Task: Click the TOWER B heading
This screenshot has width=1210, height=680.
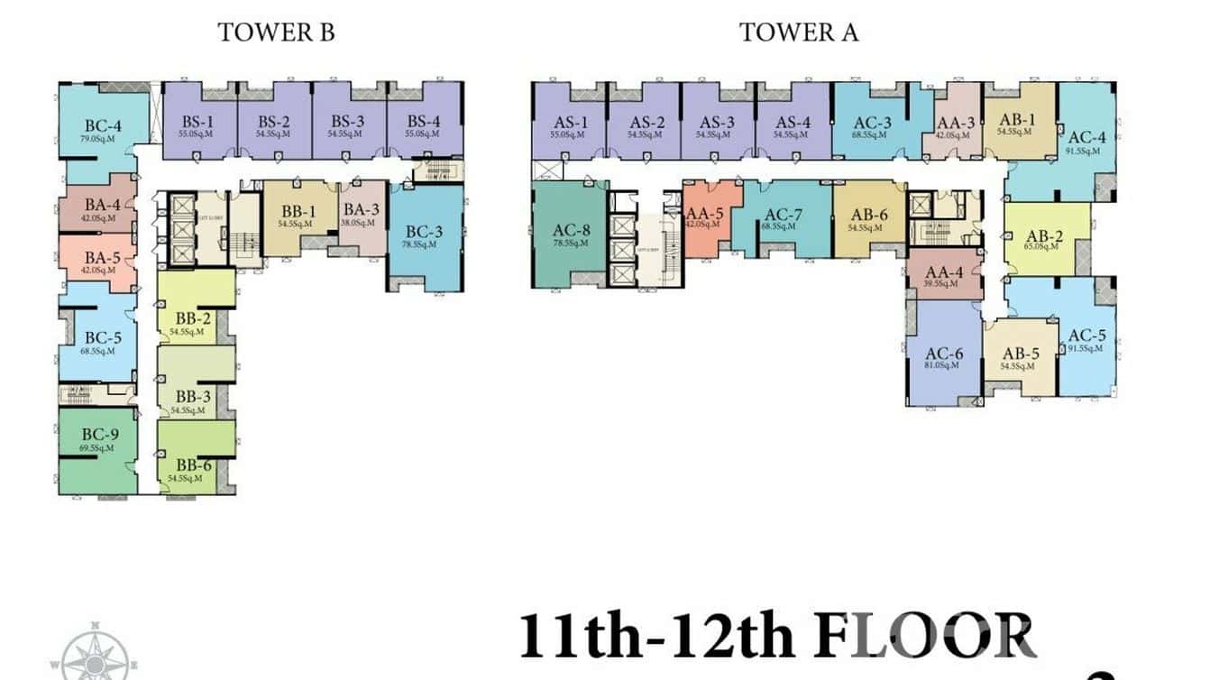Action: pyautogui.click(x=276, y=32)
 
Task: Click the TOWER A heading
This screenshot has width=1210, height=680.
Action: pyautogui.click(x=799, y=32)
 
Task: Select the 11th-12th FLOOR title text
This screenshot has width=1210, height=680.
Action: pyautogui.click(x=775, y=635)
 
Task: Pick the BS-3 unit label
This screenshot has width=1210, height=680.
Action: pyautogui.click(x=347, y=122)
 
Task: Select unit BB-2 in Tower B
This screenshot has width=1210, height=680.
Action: pyautogui.click(x=193, y=319)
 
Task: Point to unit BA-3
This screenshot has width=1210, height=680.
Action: pyautogui.click(x=361, y=213)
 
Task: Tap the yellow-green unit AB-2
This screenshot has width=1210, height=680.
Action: pyautogui.click(x=1045, y=237)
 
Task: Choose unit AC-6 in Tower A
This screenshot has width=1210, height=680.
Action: pyautogui.click(x=943, y=354)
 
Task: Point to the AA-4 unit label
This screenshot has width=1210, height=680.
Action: pyautogui.click(x=944, y=271)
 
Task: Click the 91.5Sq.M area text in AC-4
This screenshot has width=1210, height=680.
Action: pyautogui.click(x=1086, y=151)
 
